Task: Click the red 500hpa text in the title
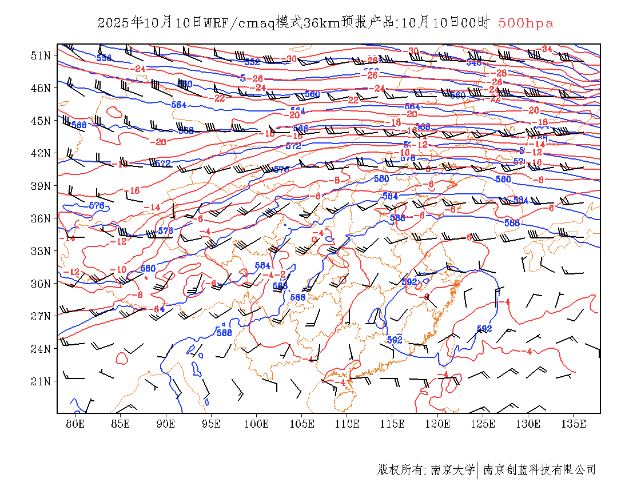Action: pyautogui.click(x=526, y=23)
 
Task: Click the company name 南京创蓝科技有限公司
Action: pyautogui.click(x=540, y=470)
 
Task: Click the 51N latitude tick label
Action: pyautogui.click(x=41, y=55)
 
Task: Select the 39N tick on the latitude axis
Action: pyautogui.click(x=41, y=186)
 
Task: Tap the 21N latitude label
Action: pyautogui.click(x=41, y=381)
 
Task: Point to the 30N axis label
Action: pyautogui.click(x=41, y=284)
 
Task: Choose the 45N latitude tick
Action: pyautogui.click(x=41, y=121)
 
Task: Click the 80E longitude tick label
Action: pyautogui.click(x=75, y=424)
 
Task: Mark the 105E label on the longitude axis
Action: pyautogui.click(x=302, y=424)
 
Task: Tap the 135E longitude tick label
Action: pyautogui.click(x=574, y=424)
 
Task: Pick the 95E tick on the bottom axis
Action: pyautogui.click(x=212, y=424)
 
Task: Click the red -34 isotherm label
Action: pyautogui.click(x=546, y=49)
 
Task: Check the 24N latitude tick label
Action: pyautogui.click(x=41, y=349)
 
